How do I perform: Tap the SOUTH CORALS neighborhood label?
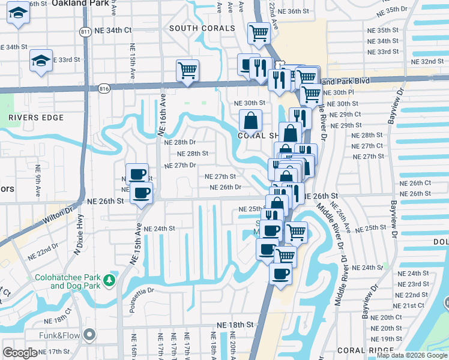(x=202, y=28)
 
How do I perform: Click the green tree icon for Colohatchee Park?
(x=109, y=280)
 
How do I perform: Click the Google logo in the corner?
(x=20, y=353)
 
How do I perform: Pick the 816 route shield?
(x=105, y=88)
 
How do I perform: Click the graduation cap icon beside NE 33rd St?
(x=41, y=61)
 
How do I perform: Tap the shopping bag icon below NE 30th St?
(x=250, y=121)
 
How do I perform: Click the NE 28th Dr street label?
(x=180, y=142)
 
